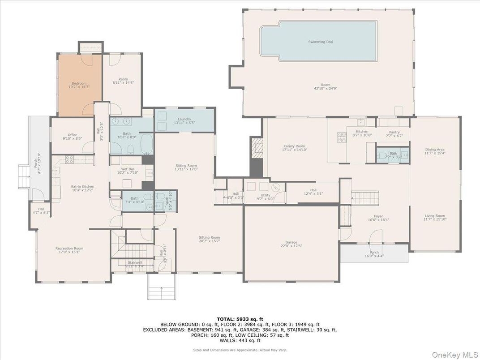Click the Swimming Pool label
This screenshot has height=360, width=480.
pos(320,42)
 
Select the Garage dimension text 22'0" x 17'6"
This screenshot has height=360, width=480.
pos(291,246)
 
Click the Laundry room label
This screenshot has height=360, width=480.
pos(184,119)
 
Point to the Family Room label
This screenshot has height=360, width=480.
pos(294,146)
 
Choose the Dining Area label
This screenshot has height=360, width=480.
pos(434,150)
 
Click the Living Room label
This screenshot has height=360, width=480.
pos(434,216)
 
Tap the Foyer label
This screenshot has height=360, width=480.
pos(378,216)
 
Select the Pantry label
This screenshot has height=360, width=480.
pos(394,132)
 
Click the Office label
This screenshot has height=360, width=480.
pos(73,135)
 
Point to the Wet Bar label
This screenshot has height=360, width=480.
pos(122,169)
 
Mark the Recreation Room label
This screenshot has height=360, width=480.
pos(69,248)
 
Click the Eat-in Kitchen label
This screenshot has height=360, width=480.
pos(82,187)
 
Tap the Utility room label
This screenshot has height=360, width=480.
pos(266,195)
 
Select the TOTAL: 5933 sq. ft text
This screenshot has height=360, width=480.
pos(240,318)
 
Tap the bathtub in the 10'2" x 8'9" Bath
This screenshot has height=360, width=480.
pos(146,143)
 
